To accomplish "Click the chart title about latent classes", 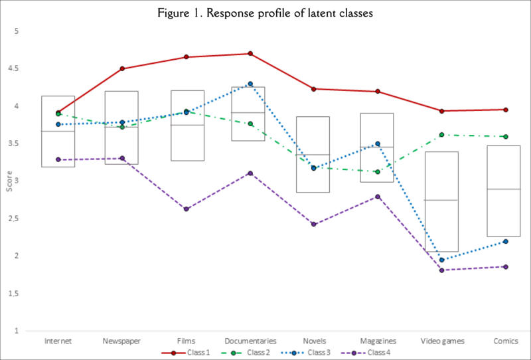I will [x=265, y=13].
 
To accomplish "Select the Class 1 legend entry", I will [x=192, y=352].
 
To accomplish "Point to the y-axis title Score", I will [x=9, y=181].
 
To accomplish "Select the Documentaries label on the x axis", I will [x=250, y=341].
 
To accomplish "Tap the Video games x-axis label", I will [x=442, y=341].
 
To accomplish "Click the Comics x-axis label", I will [x=506, y=341].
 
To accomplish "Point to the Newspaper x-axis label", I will [x=122, y=341].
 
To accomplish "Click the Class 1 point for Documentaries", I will [x=250, y=54].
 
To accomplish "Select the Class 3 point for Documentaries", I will [x=250, y=84].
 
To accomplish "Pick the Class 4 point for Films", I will [x=187, y=209].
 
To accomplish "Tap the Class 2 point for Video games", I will [x=442, y=135].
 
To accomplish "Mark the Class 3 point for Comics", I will [x=506, y=242].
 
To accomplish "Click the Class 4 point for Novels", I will [x=314, y=225].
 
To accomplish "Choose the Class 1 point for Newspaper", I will [x=122, y=68].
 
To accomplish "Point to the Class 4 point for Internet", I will [x=58, y=159].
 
